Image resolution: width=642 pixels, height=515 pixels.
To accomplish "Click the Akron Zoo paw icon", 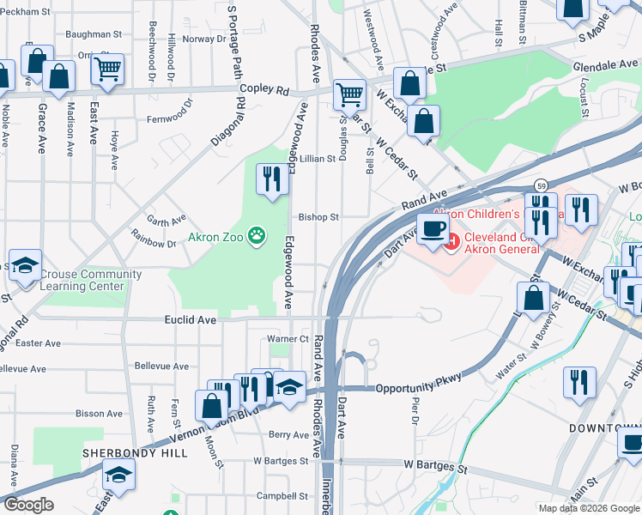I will coord(256,234).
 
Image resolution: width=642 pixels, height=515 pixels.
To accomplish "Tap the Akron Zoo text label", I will coord(216,235).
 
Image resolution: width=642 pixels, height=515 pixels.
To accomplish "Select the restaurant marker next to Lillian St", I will coord(273,179).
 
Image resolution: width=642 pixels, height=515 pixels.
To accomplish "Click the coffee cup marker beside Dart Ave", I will coord(433,228).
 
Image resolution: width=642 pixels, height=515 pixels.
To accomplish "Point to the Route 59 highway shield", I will coord(540,185).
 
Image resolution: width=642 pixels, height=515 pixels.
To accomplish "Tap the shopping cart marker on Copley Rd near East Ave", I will coord(107,69).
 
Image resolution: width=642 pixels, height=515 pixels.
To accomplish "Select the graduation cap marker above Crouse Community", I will coord(25,265).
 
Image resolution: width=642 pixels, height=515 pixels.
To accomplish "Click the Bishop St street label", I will coord(319,217).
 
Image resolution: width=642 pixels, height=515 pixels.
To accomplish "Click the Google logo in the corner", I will coord(28,505).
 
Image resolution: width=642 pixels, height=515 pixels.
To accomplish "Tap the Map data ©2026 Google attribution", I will coord(589,508).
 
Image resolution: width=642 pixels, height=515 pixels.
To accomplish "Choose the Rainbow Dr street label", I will coord(153,238).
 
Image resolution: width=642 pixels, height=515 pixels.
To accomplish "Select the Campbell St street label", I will coord(282,495).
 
